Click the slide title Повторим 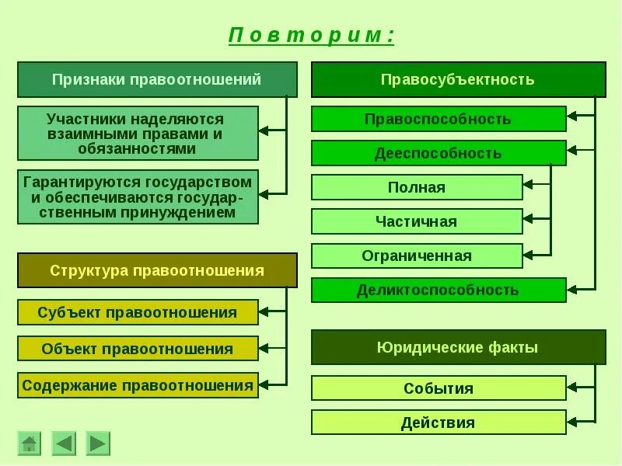pyautogui.click(x=311, y=37)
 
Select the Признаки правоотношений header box pyautogui.click(x=157, y=79)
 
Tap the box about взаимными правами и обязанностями pyautogui.click(x=138, y=133)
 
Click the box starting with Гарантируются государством pyautogui.click(x=138, y=196)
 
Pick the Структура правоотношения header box pyautogui.click(x=157, y=270)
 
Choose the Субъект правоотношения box pyautogui.click(x=138, y=312)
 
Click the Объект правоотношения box pyautogui.click(x=138, y=349)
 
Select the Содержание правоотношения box pyautogui.click(x=138, y=385)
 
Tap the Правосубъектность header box pyautogui.click(x=458, y=79)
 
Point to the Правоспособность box pyautogui.click(x=439, y=119)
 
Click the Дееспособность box pyautogui.click(x=439, y=153)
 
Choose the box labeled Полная pyautogui.click(x=417, y=187)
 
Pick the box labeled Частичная pyautogui.click(x=417, y=221)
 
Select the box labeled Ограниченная pyautogui.click(x=417, y=256)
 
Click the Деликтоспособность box pyautogui.click(x=439, y=290)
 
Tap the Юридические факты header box pyautogui.click(x=458, y=347)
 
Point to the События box pyautogui.click(x=439, y=388)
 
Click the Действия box pyautogui.click(x=439, y=423)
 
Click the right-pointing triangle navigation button pyautogui.click(x=98, y=443)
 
